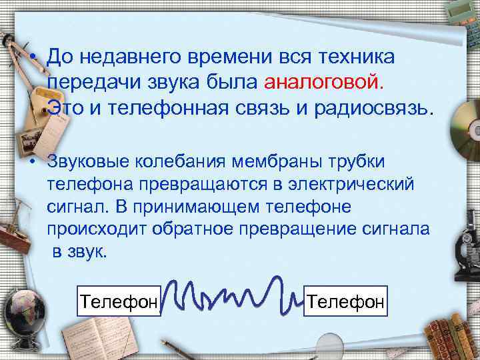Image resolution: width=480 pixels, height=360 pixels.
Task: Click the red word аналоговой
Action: [x=325, y=83]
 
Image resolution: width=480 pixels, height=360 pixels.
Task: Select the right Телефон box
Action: [x=345, y=301]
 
